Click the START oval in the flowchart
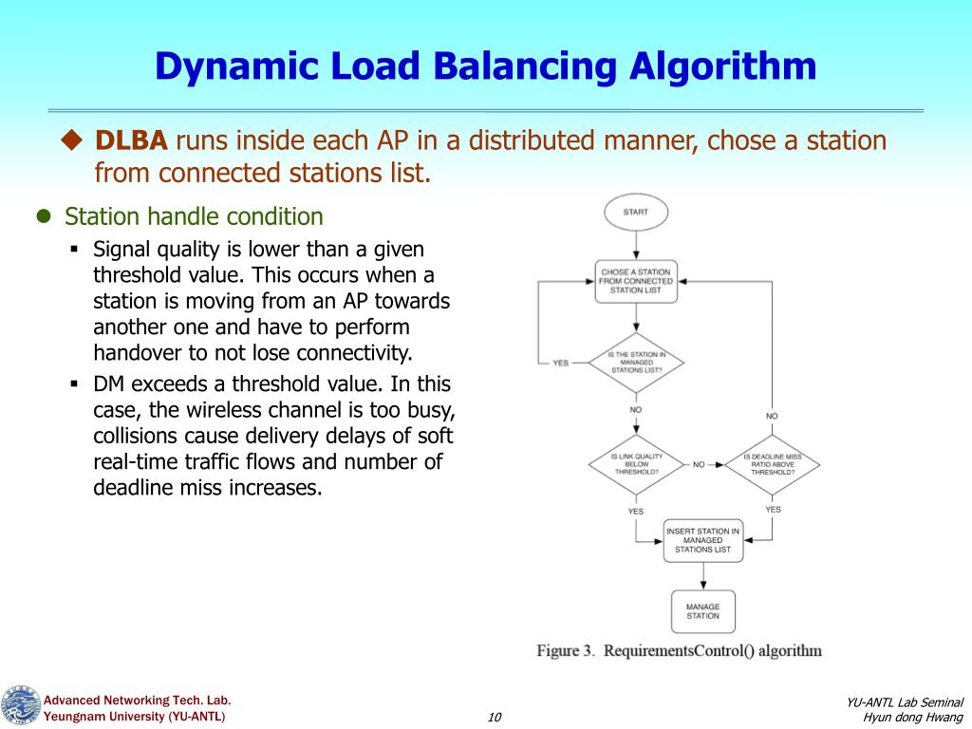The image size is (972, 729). (636, 212)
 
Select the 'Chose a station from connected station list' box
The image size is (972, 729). (636, 281)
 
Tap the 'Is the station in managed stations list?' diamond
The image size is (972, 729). (636, 362)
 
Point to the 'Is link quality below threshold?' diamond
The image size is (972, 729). (636, 464)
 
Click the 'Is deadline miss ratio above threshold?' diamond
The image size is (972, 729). (772, 464)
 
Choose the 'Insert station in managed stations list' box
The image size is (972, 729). (702, 540)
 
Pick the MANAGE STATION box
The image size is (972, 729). (702, 611)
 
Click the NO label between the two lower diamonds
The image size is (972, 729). (699, 465)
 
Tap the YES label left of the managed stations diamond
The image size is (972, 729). (561, 363)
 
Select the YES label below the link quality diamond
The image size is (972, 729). (635, 511)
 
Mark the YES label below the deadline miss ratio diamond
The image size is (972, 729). (773, 510)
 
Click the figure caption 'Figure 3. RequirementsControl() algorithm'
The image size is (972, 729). (679, 651)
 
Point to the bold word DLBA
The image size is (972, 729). (131, 141)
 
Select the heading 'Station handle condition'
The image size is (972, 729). (194, 216)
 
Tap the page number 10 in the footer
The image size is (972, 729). (494, 717)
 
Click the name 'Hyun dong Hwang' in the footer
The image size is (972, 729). (913, 717)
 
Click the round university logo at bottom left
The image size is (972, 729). (20, 707)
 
